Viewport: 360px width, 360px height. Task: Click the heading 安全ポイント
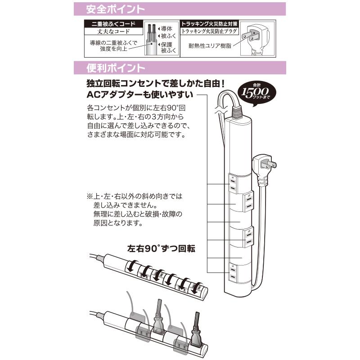tap(110, 9)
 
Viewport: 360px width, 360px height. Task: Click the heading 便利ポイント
tap(110, 68)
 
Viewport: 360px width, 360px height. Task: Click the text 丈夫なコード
tap(113, 31)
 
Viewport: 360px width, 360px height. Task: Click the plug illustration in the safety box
tap(256, 38)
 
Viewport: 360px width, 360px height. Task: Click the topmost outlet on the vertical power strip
tap(234, 182)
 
